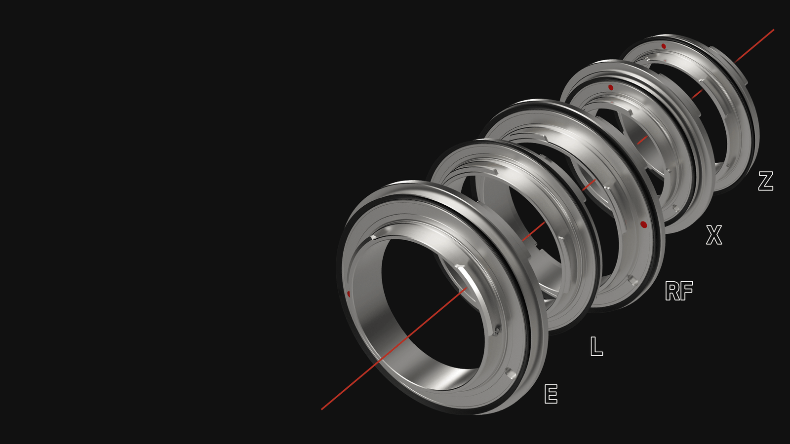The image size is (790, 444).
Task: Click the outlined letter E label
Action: [551, 394]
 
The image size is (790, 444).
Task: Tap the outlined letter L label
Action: [596, 346]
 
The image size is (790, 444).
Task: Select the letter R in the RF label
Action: [672, 291]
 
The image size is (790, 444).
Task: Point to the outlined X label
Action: [714, 235]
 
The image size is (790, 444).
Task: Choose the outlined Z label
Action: [766, 181]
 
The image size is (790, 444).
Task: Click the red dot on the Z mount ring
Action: [664, 46]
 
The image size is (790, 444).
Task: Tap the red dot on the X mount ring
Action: [611, 87]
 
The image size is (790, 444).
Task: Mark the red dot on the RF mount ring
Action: [643, 224]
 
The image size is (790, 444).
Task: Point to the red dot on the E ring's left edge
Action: [349, 294]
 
